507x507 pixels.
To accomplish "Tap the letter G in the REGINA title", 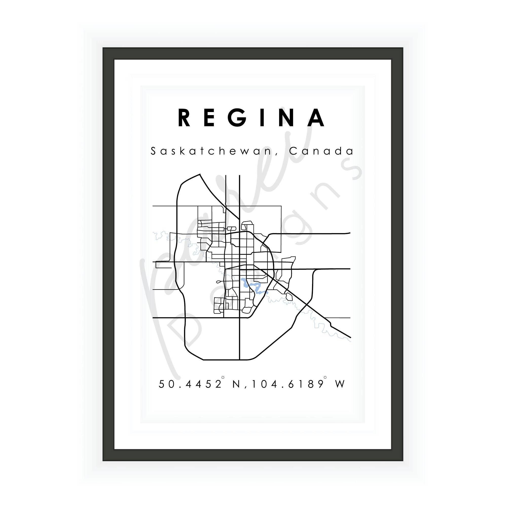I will point(237,118).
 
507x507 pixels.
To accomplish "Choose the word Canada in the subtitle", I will point(321,151).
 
